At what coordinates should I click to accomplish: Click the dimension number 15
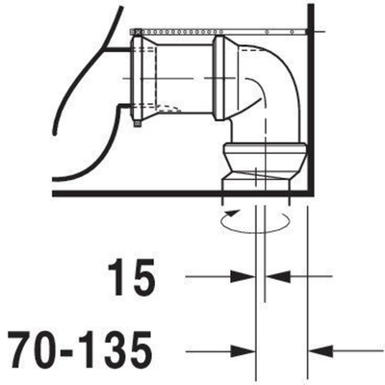click(x=132, y=277)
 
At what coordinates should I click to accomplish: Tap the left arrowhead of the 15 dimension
click(x=243, y=276)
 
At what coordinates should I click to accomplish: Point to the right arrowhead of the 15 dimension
click(x=278, y=276)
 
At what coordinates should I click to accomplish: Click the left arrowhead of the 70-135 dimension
click(x=243, y=351)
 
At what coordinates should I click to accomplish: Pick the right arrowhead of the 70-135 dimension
click(x=321, y=351)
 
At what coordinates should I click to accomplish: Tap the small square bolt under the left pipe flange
click(x=138, y=123)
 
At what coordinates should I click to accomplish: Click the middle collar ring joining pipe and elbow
click(x=218, y=78)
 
